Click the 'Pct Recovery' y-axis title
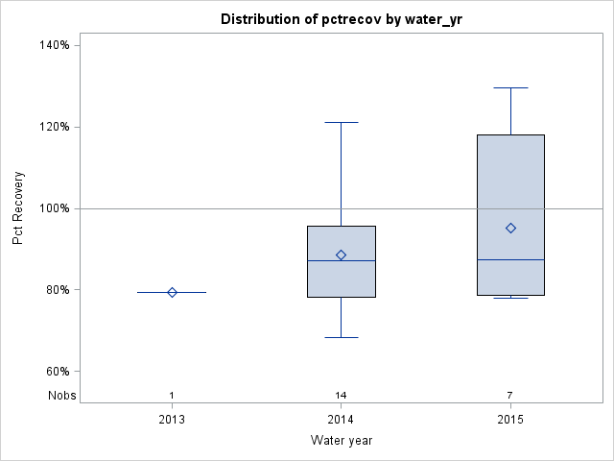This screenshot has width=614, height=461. click(x=18, y=208)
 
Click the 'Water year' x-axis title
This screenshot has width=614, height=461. click(x=341, y=440)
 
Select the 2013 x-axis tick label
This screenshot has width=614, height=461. click(x=172, y=420)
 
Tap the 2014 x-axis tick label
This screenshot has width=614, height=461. click(x=341, y=420)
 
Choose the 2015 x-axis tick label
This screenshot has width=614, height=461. click(x=510, y=420)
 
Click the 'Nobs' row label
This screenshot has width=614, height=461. click(x=61, y=396)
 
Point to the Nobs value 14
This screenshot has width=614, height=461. click(x=341, y=396)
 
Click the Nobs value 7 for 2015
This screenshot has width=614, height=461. click(x=510, y=396)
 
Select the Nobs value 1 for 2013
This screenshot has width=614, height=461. click(x=172, y=396)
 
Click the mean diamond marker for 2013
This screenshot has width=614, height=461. click(x=172, y=292)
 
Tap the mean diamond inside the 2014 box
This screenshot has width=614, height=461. click(x=341, y=255)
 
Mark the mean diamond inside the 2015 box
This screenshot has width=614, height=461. click(x=510, y=228)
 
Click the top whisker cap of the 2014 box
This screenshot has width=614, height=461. click(x=341, y=122)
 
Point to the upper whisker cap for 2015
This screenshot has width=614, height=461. click(x=510, y=87)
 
